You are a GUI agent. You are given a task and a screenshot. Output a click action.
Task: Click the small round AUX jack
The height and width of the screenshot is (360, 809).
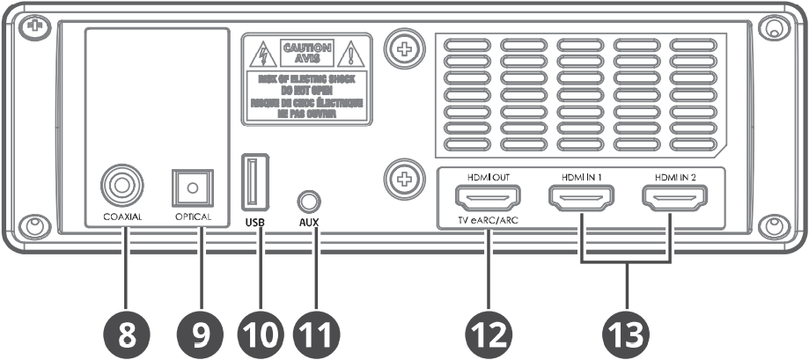pyautogui.click(x=308, y=199)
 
